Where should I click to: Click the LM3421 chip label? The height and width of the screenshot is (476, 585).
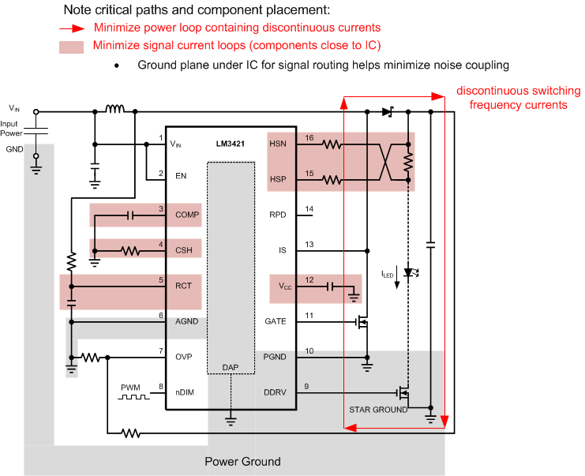click(229, 144)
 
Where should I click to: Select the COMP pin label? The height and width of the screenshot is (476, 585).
click(187, 215)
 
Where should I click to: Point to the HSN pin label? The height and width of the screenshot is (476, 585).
click(278, 144)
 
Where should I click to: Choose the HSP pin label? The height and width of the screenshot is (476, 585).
click(278, 180)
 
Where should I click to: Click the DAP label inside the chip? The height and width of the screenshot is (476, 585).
click(231, 368)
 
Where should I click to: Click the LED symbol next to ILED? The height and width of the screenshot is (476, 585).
click(408, 272)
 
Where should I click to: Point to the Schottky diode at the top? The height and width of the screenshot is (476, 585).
click(387, 112)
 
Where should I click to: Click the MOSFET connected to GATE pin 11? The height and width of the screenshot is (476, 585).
click(363, 322)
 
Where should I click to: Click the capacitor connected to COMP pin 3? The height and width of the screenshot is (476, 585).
click(132, 215)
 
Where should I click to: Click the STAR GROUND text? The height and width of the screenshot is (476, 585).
click(378, 410)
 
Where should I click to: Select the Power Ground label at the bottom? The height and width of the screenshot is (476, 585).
click(242, 462)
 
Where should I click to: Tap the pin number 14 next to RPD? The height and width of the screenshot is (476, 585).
click(309, 208)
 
